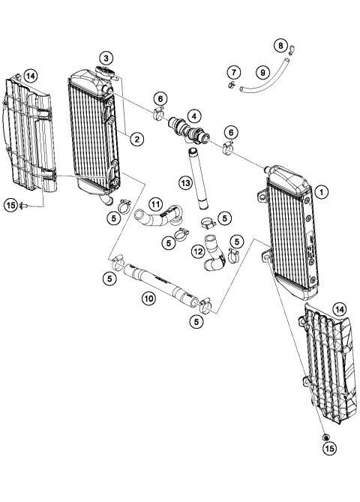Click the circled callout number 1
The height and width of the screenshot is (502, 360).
click(x=322, y=191)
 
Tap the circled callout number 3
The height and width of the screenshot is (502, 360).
click(x=108, y=58)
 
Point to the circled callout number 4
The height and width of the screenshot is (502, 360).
click(x=195, y=116)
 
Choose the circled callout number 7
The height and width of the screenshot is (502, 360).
click(x=234, y=72)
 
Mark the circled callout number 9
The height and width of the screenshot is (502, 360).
click(x=262, y=72)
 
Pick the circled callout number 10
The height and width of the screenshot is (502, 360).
click(x=148, y=298)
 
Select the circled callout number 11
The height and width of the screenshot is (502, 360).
click(x=154, y=204)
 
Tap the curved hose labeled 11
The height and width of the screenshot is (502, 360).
click(x=157, y=220)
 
